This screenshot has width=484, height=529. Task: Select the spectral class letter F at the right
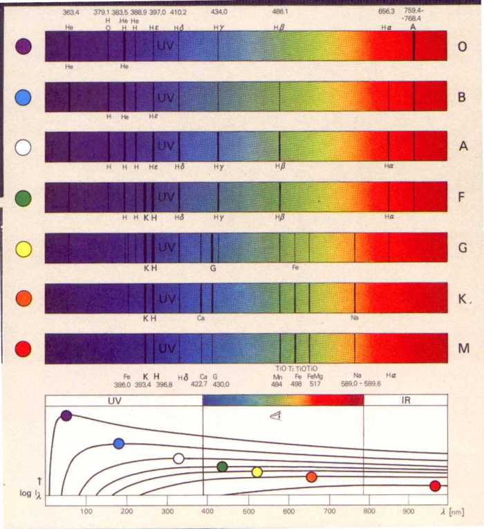click(x=462, y=197)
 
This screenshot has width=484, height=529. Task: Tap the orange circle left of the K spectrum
click(x=23, y=298)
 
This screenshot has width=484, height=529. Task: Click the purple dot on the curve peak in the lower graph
click(x=66, y=415)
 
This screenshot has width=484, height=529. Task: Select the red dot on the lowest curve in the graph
click(x=435, y=486)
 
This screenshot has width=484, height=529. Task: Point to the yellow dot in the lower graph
click(x=257, y=472)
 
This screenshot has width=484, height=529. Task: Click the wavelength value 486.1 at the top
click(x=280, y=12)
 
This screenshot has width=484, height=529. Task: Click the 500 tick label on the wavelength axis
click(x=248, y=512)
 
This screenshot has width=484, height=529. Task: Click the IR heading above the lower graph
click(x=405, y=400)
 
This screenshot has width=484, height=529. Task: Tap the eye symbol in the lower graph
click(x=275, y=418)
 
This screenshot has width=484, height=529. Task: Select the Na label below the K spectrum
click(x=355, y=319)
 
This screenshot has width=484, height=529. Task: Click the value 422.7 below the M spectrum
click(x=199, y=384)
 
